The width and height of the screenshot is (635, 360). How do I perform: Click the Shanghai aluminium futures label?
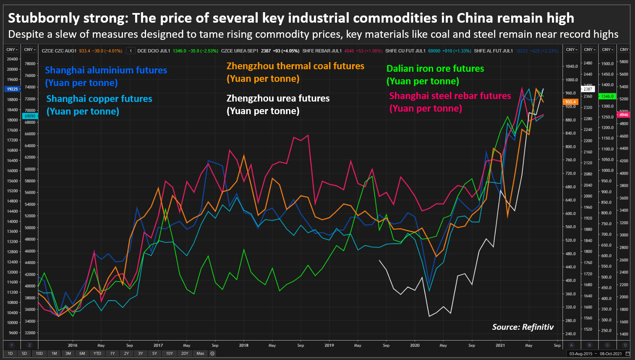(106, 76)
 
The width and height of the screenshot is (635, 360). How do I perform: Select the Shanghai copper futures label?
(99, 105)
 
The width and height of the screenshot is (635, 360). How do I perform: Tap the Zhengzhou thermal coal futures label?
(295, 72)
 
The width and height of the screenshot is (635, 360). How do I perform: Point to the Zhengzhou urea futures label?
(278, 104)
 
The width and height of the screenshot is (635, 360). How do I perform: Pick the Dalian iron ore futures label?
(435, 75)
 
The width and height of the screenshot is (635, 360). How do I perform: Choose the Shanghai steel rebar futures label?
(449, 102)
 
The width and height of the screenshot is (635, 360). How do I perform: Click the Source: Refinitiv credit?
(523, 327)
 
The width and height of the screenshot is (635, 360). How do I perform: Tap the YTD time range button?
(97, 353)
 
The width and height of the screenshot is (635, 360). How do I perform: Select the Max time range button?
(200, 353)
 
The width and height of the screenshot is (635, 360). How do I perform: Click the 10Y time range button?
(169, 353)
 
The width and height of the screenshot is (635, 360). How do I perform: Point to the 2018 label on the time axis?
(243, 345)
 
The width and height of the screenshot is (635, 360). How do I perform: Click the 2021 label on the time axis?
(500, 345)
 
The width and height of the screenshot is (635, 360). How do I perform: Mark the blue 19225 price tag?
(13, 89)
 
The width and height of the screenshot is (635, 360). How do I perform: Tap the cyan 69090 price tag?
(30, 116)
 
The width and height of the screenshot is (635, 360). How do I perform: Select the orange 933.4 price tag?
(570, 102)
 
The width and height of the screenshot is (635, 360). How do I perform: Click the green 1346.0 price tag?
(607, 96)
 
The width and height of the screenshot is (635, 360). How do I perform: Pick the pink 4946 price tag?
(624, 115)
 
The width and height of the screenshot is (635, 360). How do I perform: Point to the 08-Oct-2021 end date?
(611, 353)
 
